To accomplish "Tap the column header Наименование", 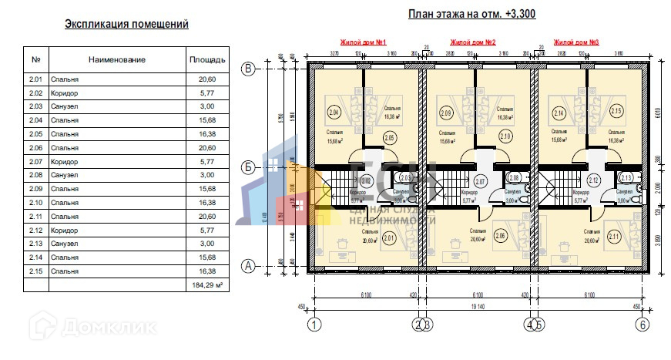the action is click(116, 59).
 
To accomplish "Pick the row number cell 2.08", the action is click(35, 176).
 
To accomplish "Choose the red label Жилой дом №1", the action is click(363, 42).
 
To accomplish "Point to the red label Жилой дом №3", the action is click(577, 42).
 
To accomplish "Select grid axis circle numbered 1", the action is click(314, 325).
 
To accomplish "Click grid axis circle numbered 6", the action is click(642, 325).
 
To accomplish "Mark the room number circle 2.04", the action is click(334, 113).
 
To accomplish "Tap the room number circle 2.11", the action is click(613, 237).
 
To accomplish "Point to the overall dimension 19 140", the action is click(478, 306).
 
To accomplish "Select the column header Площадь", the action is click(207, 59).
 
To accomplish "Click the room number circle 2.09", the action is click(445, 113).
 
